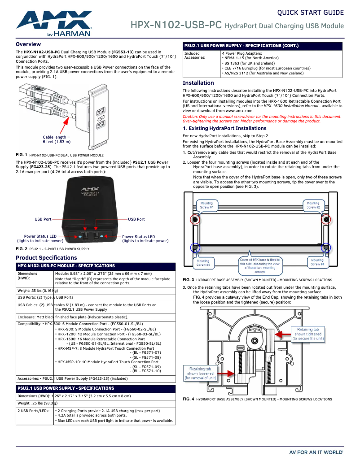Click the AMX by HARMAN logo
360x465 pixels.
click(54, 23)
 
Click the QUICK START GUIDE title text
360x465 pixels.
click(310, 13)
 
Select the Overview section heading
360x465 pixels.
click(28, 44)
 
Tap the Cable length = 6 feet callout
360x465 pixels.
click(57, 139)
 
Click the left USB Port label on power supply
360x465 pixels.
click(43, 219)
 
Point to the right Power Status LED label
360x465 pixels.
click(145, 239)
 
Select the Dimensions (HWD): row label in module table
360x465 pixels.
click(27, 275)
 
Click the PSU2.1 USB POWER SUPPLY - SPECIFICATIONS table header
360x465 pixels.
click(66, 388)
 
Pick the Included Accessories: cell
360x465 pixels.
click(195, 55)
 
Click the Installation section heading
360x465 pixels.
click(198, 83)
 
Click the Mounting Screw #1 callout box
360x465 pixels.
click(207, 205)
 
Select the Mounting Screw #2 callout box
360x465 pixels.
click(313, 205)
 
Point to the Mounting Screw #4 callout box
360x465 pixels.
click(317, 262)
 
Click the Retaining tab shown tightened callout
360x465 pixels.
click(308, 334)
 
